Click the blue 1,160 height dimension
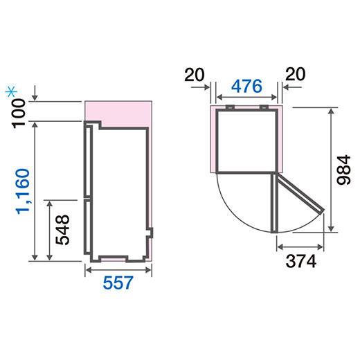(x=23, y=191)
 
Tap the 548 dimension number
(x=62, y=230)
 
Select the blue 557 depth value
(x=118, y=282)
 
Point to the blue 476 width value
(x=246, y=86)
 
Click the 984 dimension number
(x=343, y=170)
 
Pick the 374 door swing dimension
(x=300, y=261)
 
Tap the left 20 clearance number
(x=195, y=74)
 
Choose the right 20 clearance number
(x=296, y=74)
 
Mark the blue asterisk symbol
(x=11, y=91)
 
